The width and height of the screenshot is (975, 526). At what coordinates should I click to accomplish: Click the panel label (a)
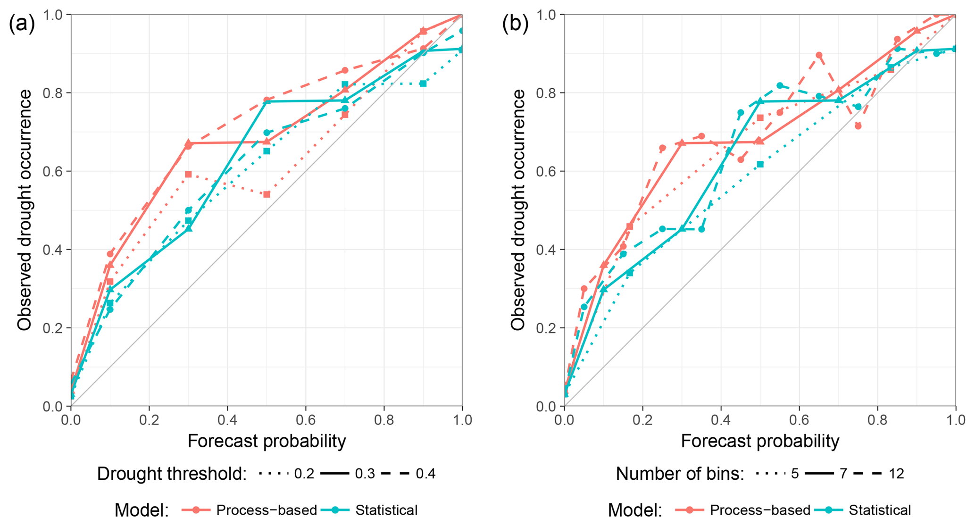tap(22, 24)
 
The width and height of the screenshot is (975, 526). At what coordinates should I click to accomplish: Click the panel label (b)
tap(515, 24)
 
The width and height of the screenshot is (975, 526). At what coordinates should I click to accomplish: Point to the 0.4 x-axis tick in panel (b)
tap(721, 419)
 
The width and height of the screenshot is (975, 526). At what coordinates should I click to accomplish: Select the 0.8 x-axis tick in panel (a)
tap(384, 419)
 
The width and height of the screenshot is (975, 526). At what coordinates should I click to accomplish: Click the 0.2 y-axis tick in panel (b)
tap(546, 328)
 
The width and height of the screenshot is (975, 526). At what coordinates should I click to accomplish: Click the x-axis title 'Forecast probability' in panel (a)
tap(267, 441)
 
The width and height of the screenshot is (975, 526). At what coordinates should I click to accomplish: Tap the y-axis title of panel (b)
tap(518, 210)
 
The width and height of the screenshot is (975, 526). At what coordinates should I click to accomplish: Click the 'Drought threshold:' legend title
tap(172, 474)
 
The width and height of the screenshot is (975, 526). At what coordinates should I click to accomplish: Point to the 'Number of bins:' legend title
tap(680, 474)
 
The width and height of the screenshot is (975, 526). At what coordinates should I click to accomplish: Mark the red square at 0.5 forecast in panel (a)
tap(267, 194)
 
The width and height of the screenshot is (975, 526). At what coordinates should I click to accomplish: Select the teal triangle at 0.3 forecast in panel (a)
tap(189, 229)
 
